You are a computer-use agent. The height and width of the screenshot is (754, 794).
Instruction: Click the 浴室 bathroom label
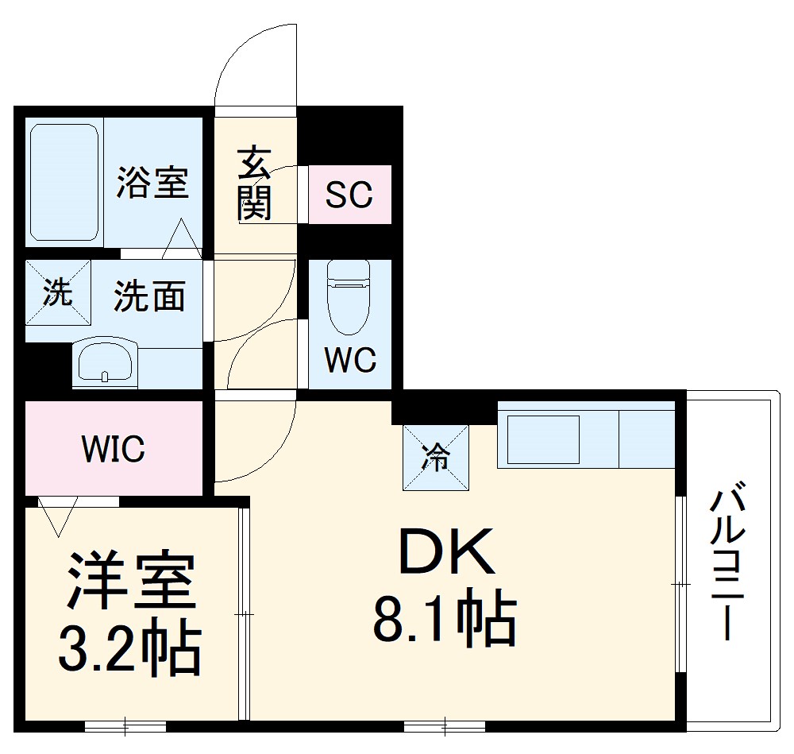pos(152,181)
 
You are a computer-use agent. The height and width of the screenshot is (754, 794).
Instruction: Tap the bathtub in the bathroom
pos(64,182)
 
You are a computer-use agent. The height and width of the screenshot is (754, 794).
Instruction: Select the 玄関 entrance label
pos(254,183)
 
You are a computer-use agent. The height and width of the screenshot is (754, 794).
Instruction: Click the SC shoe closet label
pos(349,195)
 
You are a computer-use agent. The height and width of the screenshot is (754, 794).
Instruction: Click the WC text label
pos(350,360)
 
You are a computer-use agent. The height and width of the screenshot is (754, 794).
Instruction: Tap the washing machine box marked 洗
pos(57,292)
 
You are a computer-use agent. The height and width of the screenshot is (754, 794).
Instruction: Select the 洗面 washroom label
pos(149,296)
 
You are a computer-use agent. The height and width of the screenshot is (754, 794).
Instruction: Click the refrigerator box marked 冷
pos(437,458)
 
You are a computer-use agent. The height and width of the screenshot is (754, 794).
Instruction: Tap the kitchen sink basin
pos(543,438)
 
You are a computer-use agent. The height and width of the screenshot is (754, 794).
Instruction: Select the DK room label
pos(446,552)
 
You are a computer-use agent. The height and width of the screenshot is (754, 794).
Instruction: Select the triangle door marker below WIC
pos(57,515)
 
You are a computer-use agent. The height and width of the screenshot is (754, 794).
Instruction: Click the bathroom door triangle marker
pos(182,238)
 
